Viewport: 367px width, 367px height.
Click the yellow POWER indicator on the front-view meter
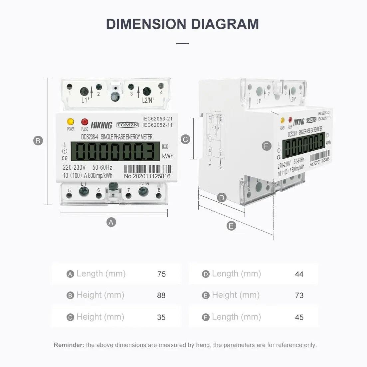pos(71,122)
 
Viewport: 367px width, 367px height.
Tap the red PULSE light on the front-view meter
pos(85,122)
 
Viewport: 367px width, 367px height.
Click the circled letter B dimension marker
pos(38,141)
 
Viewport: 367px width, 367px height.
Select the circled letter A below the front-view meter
pos(111,222)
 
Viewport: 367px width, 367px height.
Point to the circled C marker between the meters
pos(185,139)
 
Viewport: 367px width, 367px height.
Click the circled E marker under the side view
pos(231,226)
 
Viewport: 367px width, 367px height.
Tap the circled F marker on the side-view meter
pos(266,146)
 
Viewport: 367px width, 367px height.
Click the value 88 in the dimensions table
pos(161,295)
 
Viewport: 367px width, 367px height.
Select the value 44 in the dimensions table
pos(299,274)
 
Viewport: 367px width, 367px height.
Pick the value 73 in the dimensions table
pos(299,295)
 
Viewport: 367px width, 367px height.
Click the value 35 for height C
pos(161,317)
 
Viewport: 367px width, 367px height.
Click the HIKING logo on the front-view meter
pos(101,125)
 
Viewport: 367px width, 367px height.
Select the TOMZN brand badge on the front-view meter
pos(127,125)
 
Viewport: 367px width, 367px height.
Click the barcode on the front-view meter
pos(147,169)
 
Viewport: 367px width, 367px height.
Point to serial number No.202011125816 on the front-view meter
pos(147,176)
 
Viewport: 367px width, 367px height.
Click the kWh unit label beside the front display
pos(168,156)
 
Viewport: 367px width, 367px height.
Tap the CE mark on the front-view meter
pos(65,158)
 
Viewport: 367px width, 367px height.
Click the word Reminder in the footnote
pos(69,345)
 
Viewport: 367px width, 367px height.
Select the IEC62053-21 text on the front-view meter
pos(158,118)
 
